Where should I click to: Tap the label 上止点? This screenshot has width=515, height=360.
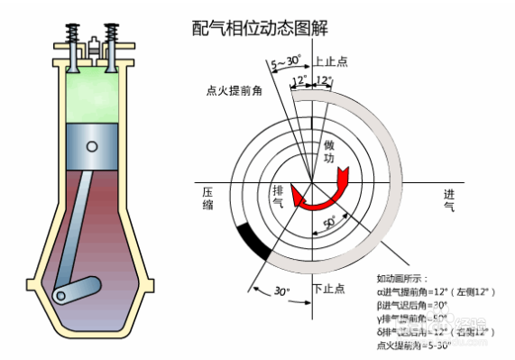pos(331,63)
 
